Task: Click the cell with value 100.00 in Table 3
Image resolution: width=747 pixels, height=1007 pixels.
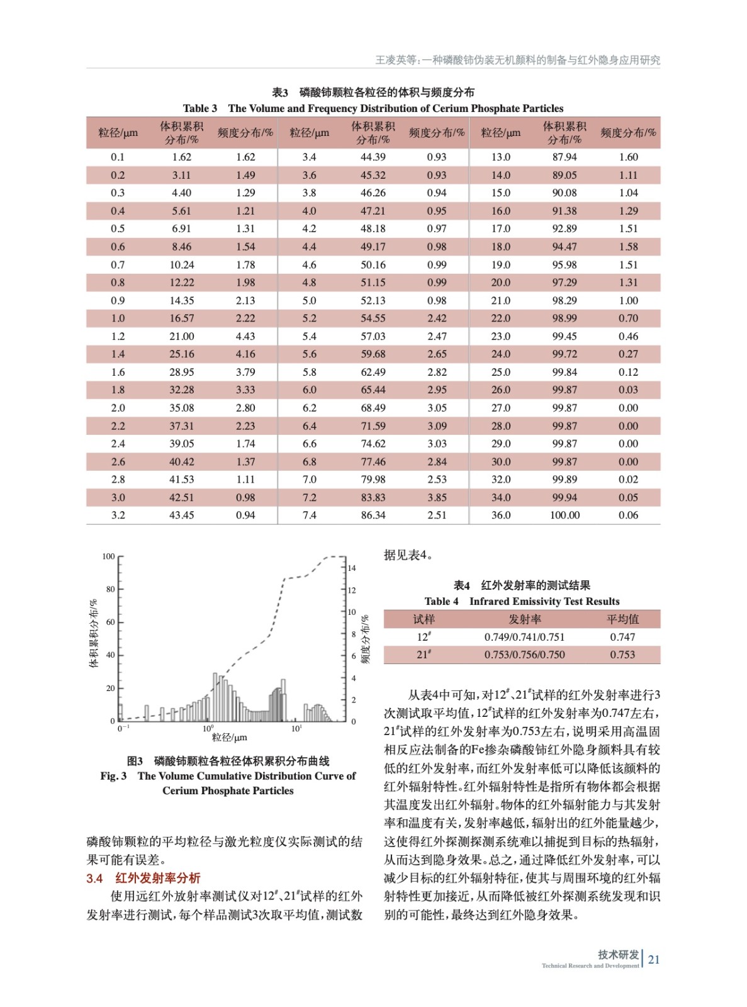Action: pos(564,515)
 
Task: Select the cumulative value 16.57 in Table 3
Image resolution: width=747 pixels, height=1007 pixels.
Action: pos(181,318)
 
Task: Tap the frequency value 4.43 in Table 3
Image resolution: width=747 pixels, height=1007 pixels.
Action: pos(245,337)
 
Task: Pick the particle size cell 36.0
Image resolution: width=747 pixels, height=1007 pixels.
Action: pos(501,515)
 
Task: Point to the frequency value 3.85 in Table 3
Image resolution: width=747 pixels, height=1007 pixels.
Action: pos(437,497)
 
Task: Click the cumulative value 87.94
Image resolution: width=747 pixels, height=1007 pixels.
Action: pos(564,157)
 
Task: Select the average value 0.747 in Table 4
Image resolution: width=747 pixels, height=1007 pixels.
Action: pos(622,637)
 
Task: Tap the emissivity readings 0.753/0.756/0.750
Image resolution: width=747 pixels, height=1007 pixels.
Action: pos(524,655)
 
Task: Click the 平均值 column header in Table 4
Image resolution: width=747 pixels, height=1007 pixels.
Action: pos(622,619)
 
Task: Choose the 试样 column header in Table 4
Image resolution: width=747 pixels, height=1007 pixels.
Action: pos(424,619)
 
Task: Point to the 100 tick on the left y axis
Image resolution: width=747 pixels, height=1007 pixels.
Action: pos(109,556)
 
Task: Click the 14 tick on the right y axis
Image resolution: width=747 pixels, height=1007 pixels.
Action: pos(352,568)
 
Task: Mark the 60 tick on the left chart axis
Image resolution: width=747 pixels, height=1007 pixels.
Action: pos(111,622)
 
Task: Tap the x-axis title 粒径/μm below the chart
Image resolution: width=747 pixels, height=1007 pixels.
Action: pos(229,737)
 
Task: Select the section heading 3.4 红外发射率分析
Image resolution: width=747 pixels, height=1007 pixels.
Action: pos(143,878)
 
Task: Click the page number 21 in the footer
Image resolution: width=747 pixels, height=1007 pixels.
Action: pos(654,960)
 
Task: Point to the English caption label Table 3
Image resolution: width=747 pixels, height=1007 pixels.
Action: pos(199,108)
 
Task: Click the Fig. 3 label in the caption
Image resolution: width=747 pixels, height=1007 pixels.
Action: pos(113,776)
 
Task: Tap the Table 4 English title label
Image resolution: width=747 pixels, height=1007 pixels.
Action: pos(441,602)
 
